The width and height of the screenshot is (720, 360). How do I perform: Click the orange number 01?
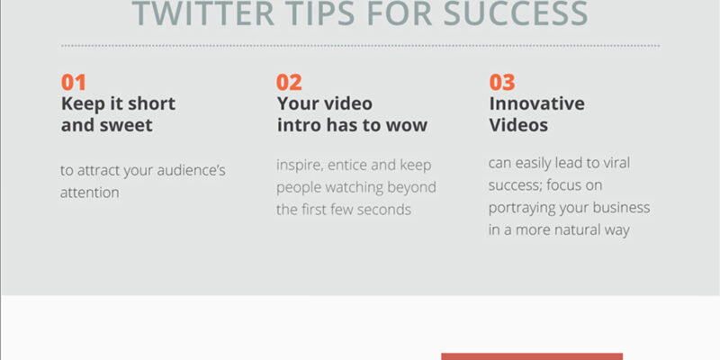[74, 82]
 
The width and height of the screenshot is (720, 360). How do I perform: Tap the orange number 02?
[289, 82]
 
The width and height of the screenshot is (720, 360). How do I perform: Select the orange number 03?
[502, 82]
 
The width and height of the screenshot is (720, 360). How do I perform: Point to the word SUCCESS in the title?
[516, 13]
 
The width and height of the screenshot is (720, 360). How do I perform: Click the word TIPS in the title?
[321, 13]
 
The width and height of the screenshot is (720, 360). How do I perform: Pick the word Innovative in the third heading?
[536, 103]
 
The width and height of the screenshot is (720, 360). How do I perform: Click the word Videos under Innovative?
[518, 125]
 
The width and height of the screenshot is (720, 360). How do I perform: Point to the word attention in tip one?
[89, 193]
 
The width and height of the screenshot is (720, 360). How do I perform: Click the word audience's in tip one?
[191, 171]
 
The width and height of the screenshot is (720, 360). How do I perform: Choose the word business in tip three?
[621, 208]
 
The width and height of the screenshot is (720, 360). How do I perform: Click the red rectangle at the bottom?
[532, 356]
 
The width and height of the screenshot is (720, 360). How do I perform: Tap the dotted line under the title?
[361, 46]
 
